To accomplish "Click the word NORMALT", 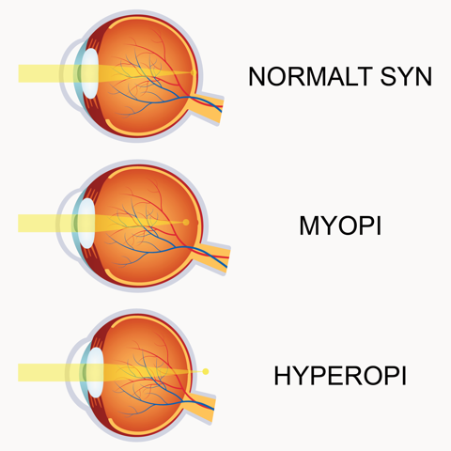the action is pos(309,76).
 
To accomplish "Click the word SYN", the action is pos(406,76).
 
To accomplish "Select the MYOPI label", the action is pos(340,225).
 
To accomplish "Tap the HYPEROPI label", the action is pos(340,376).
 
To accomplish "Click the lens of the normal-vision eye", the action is pos(91,73).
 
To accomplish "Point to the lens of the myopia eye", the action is pos(86,224).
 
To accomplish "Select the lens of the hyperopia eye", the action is pos(95,373).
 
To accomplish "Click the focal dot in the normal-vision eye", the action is pos(194,72).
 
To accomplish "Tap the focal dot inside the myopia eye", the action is pos(186,223).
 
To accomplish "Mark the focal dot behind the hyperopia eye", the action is pos(206,372).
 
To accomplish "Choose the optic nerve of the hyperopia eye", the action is pos(200,406).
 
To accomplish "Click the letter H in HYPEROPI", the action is pos(282,376).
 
